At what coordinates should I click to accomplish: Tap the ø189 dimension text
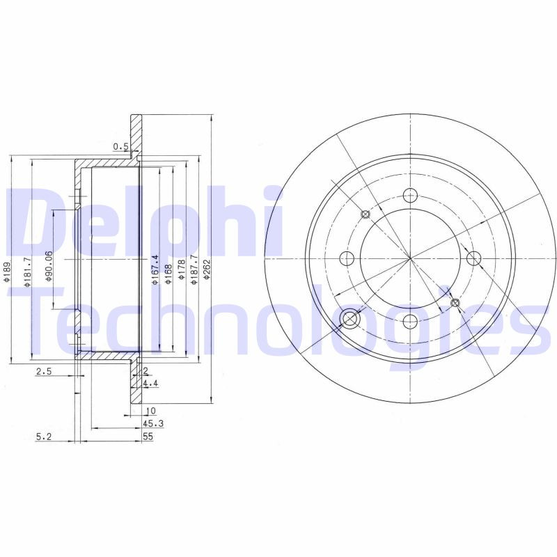click(6, 272)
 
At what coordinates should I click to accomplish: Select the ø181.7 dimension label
click(27, 269)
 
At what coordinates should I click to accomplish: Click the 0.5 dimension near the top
click(120, 146)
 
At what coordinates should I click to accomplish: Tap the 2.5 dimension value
click(44, 372)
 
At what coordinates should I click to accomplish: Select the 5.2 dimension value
click(44, 437)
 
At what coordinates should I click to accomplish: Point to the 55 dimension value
click(147, 437)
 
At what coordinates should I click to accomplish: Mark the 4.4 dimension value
click(149, 384)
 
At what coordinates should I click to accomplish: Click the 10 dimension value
click(150, 411)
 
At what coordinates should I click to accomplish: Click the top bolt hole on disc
click(410, 196)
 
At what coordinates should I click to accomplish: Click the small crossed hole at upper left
click(365, 214)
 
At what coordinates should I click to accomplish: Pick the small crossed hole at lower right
click(455, 303)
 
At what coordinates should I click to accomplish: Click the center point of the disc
click(410, 259)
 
